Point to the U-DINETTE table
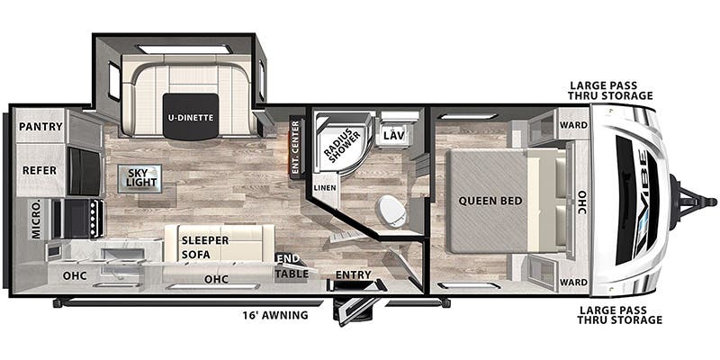tap(189, 116)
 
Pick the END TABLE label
tap(292, 266)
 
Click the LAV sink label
tap(393, 135)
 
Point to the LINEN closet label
tap(324, 187)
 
